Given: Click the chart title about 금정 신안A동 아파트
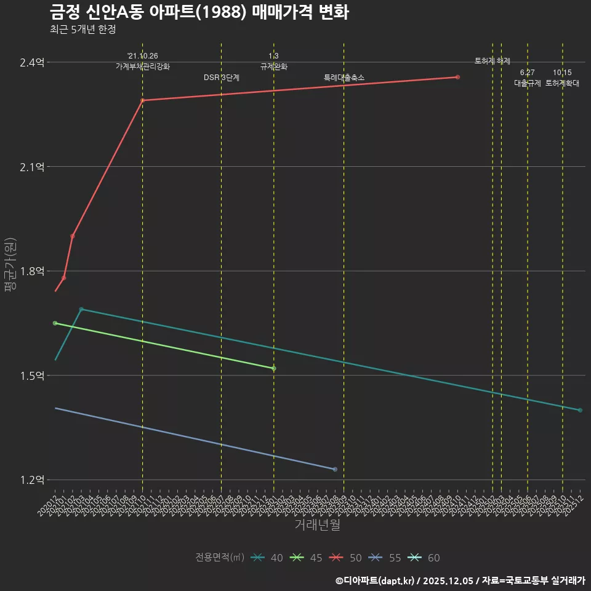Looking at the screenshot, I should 198,12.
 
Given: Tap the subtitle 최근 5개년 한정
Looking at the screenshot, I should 82,29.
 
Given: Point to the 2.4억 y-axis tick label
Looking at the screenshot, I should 33,63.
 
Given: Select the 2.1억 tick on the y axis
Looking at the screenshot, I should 33,167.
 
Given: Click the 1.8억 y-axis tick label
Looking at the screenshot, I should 33,271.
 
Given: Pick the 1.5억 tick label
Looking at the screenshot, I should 33,376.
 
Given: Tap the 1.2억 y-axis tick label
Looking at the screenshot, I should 33,480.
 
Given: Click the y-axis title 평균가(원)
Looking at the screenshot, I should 10,271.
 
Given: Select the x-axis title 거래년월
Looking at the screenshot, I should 317,525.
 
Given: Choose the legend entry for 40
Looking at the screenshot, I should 267,558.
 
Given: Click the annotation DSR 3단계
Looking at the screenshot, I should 222,78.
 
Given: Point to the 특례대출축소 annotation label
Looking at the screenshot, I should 344,78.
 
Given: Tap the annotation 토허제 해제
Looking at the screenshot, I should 492,61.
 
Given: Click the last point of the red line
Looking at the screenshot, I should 457,77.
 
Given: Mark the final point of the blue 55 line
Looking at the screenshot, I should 335,469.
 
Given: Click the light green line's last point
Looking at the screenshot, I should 274,368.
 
